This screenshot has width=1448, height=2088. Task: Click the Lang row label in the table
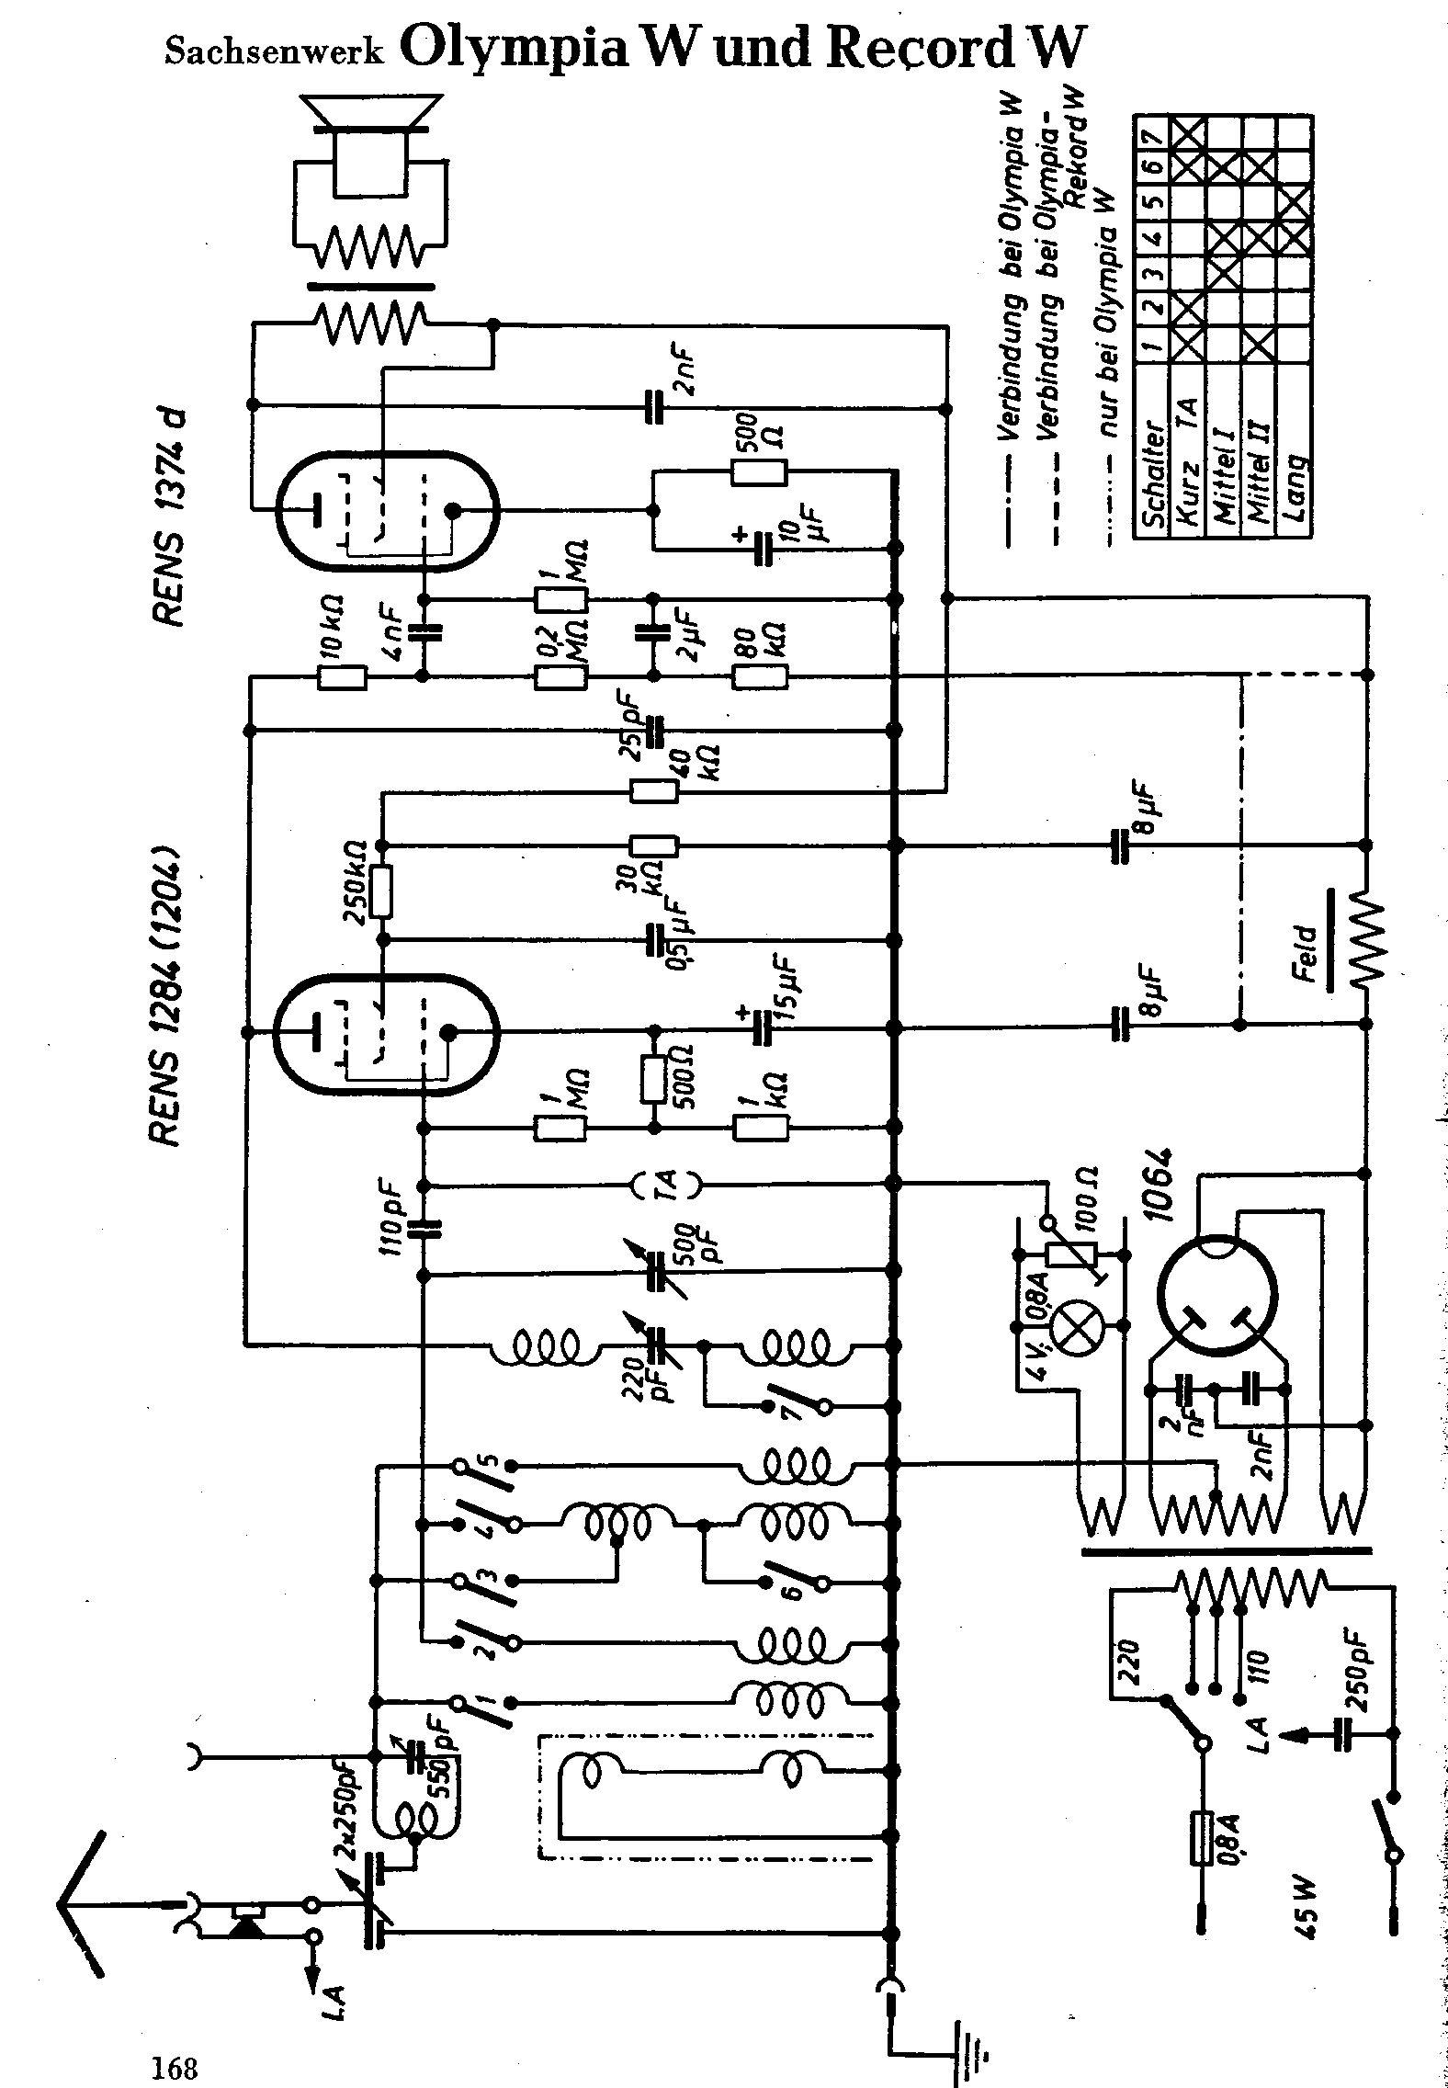click(x=1295, y=488)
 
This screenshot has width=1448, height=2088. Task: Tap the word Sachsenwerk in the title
click(x=275, y=52)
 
